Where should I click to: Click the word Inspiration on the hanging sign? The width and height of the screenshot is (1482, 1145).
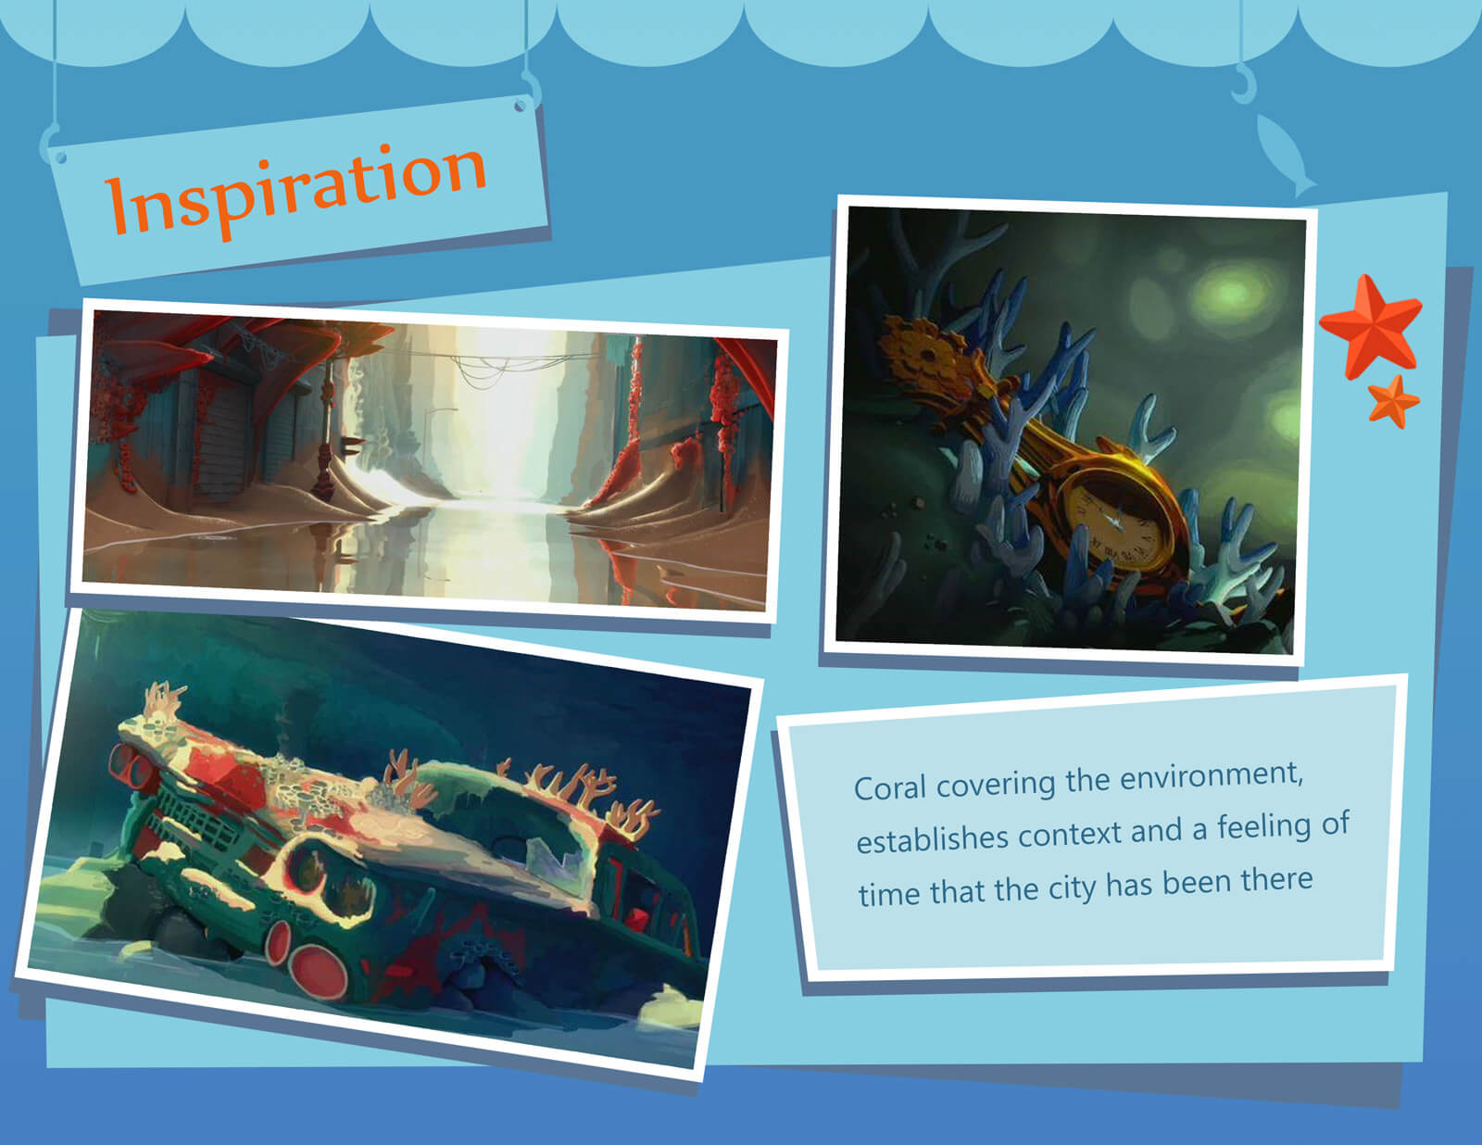click(295, 190)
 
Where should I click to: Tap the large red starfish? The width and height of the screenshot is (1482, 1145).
click(1372, 326)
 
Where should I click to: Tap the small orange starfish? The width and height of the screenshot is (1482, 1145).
click(1393, 402)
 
